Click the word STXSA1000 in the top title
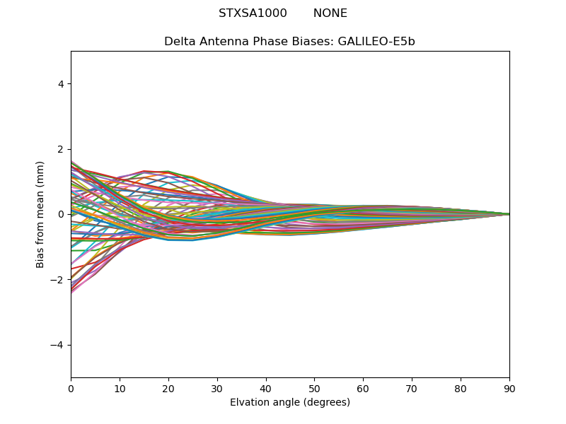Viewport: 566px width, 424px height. coord(253,13)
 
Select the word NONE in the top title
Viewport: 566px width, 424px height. coord(330,13)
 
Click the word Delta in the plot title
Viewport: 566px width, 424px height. coord(178,42)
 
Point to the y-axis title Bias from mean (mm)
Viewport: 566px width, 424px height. coord(40,214)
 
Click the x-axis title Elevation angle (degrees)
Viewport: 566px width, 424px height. coord(290,402)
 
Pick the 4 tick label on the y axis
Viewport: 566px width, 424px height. coord(61,84)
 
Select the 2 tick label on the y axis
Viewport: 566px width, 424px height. coord(61,149)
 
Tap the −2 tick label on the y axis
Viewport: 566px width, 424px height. coord(58,280)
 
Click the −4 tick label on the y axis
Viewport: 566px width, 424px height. coord(58,345)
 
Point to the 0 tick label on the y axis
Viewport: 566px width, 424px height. coord(61,214)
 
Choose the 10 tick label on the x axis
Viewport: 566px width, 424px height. coord(120,388)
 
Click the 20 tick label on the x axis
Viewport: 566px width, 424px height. coord(168,388)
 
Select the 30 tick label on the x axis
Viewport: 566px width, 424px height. coord(217,388)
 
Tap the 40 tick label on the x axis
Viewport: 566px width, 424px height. coord(266,388)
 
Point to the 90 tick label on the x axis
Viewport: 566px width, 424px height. coord(509,388)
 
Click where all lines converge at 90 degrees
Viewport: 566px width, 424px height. coord(509,214)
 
